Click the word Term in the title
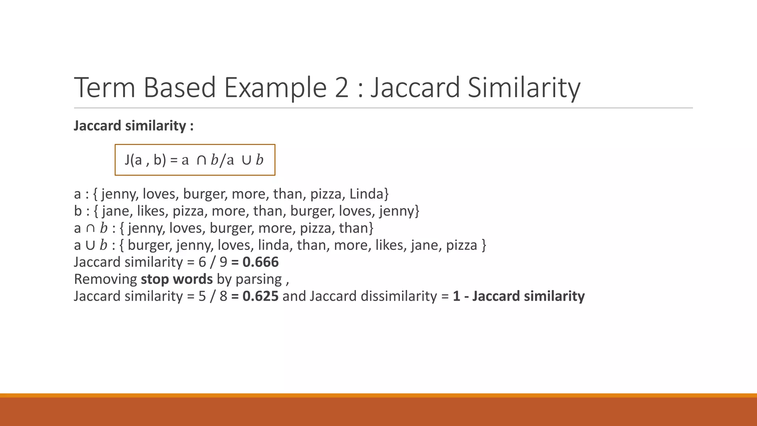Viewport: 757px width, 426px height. [105, 87]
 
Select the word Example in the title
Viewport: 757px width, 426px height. [275, 87]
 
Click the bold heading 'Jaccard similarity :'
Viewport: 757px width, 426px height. [133, 126]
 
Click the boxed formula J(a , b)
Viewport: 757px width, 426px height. [195, 160]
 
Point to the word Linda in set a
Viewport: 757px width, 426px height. [366, 194]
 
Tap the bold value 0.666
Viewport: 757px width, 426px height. [261, 262]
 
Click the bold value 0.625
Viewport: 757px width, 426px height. [261, 296]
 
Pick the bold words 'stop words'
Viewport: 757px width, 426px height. [177, 279]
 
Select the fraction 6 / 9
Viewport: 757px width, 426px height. [213, 262]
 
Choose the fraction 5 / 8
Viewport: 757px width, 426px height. [213, 296]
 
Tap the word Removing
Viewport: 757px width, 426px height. [105, 279]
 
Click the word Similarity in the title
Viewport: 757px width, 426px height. [524, 87]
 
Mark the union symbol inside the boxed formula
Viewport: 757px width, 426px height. [246, 160]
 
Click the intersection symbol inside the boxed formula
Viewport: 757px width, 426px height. [201, 160]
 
